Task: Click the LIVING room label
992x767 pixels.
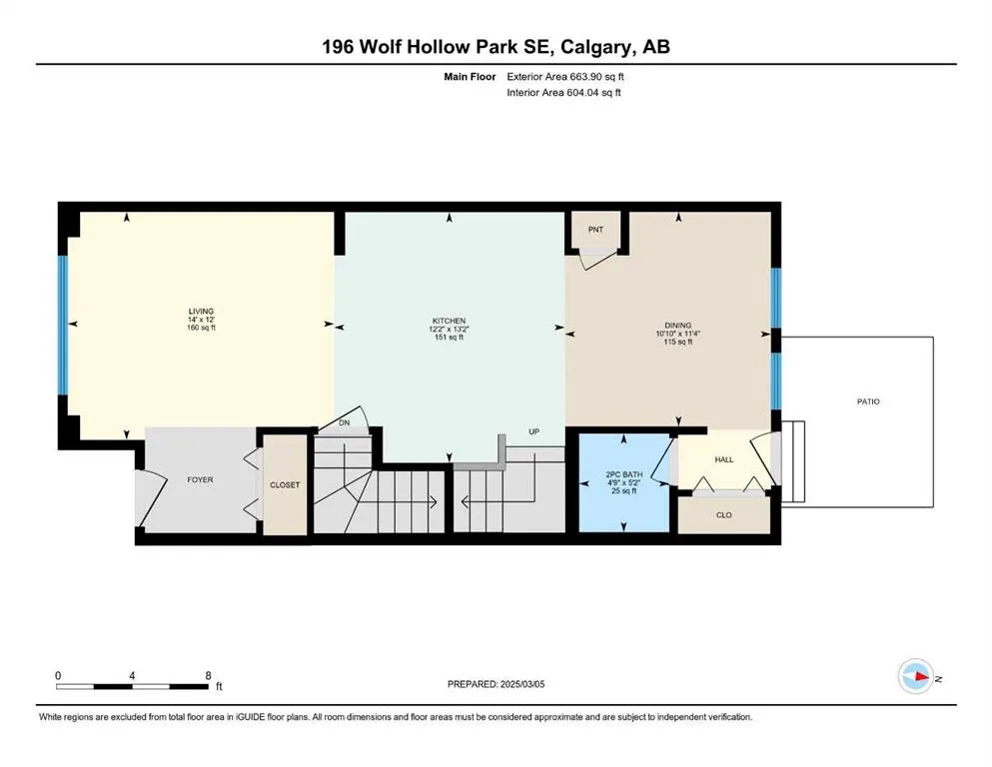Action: pos(193,311)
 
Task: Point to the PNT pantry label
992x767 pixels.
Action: pos(595,230)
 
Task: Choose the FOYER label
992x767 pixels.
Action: pos(200,479)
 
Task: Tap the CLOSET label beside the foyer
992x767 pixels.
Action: pos(285,484)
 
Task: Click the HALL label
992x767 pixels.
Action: pos(723,458)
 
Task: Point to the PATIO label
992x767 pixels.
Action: pos(867,401)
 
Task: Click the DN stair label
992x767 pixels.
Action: pos(345,423)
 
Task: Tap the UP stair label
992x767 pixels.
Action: pos(534,431)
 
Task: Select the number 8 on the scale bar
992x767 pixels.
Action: pos(207,675)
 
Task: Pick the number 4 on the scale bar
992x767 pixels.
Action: pos(132,675)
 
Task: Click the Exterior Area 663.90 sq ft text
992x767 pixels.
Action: pos(568,76)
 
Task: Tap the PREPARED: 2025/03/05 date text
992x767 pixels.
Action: pos(496,684)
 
